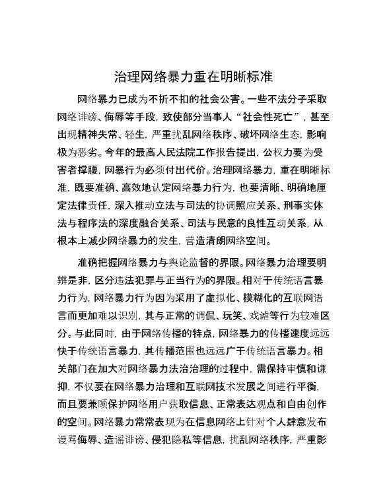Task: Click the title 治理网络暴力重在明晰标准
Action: (193, 75)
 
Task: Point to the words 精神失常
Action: (108, 133)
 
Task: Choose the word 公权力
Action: (285, 150)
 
